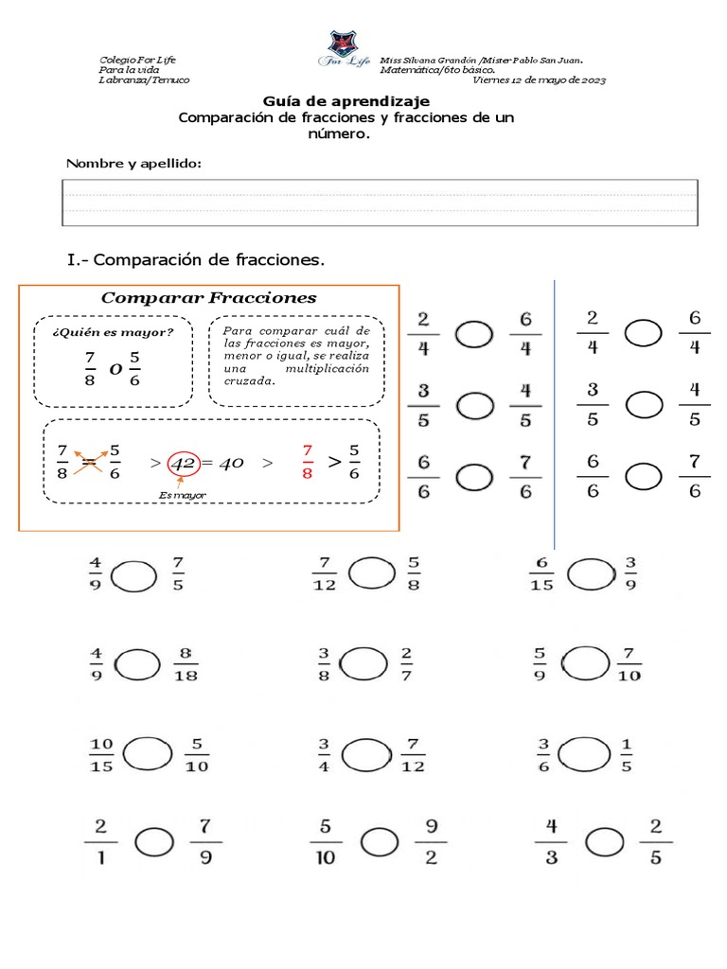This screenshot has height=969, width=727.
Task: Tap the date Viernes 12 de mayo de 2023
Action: point(539,80)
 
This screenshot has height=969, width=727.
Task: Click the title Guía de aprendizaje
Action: point(346,100)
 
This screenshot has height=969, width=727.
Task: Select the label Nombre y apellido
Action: point(133,164)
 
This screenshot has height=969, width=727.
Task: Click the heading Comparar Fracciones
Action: point(208,298)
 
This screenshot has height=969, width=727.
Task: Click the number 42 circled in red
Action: point(183,464)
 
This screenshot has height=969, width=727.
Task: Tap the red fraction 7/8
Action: point(306,462)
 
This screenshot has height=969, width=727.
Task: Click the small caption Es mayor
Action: point(183,495)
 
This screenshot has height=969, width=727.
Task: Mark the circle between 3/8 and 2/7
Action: point(362,663)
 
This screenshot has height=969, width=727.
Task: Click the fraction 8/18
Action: point(186,664)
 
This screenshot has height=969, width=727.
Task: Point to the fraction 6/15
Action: point(541,573)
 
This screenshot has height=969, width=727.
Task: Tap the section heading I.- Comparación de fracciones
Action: point(196,258)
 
